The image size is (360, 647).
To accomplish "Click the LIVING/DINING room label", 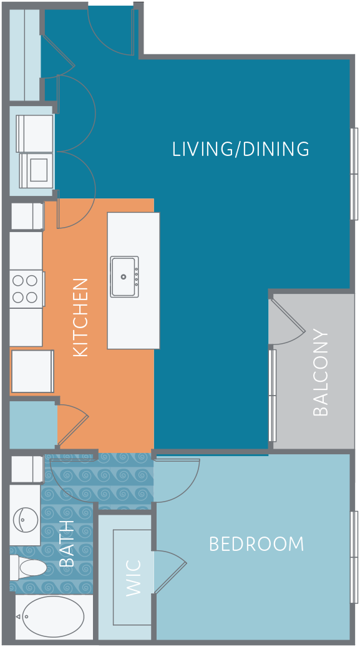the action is (241, 149).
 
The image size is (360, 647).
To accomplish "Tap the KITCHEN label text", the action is (80, 318).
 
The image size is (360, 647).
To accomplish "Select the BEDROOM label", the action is (256, 544).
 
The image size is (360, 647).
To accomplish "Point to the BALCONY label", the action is (321, 372).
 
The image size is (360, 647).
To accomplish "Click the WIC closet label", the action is (134, 578).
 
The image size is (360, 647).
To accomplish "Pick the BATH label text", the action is (67, 543).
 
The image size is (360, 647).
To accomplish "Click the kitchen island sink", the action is (124, 276).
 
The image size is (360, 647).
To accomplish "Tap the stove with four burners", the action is (26, 289).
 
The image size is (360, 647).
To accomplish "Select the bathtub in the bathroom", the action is (53, 616).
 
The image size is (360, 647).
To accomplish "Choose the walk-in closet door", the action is (170, 572).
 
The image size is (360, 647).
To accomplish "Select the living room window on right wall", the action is (354, 173).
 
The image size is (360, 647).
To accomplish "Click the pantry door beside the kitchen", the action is (72, 425).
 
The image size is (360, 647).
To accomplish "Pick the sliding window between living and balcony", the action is (272, 396).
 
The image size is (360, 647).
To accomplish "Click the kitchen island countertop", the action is (134, 281).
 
